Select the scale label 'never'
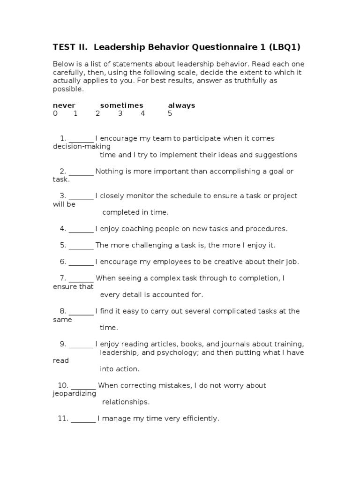point(64,105)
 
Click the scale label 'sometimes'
point(121,105)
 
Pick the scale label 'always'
point(181,105)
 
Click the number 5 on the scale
point(170,113)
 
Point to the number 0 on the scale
point(55,113)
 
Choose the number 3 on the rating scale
point(120,113)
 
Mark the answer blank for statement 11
point(83,419)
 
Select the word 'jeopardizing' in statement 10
point(74,394)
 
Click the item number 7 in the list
point(62,278)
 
